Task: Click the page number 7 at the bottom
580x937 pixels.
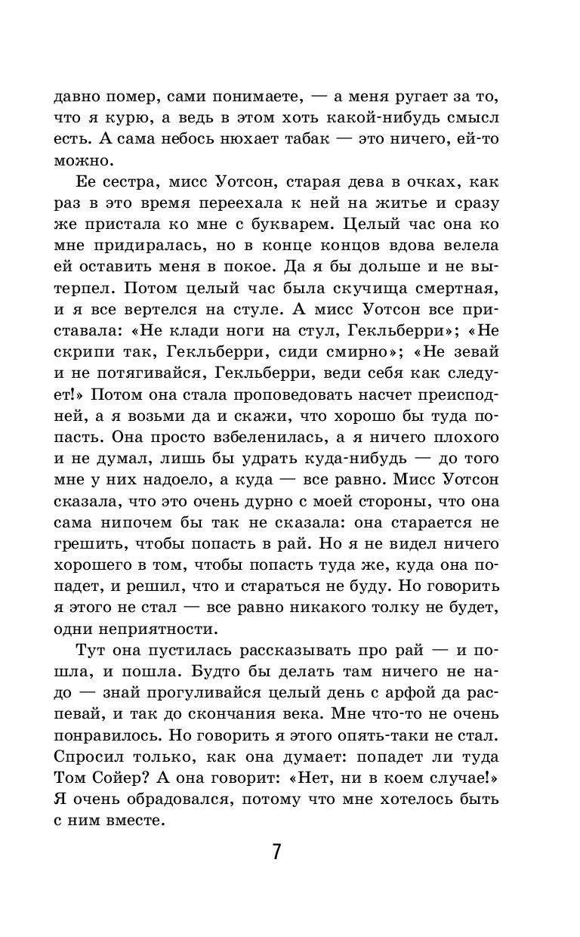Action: point(276,852)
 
